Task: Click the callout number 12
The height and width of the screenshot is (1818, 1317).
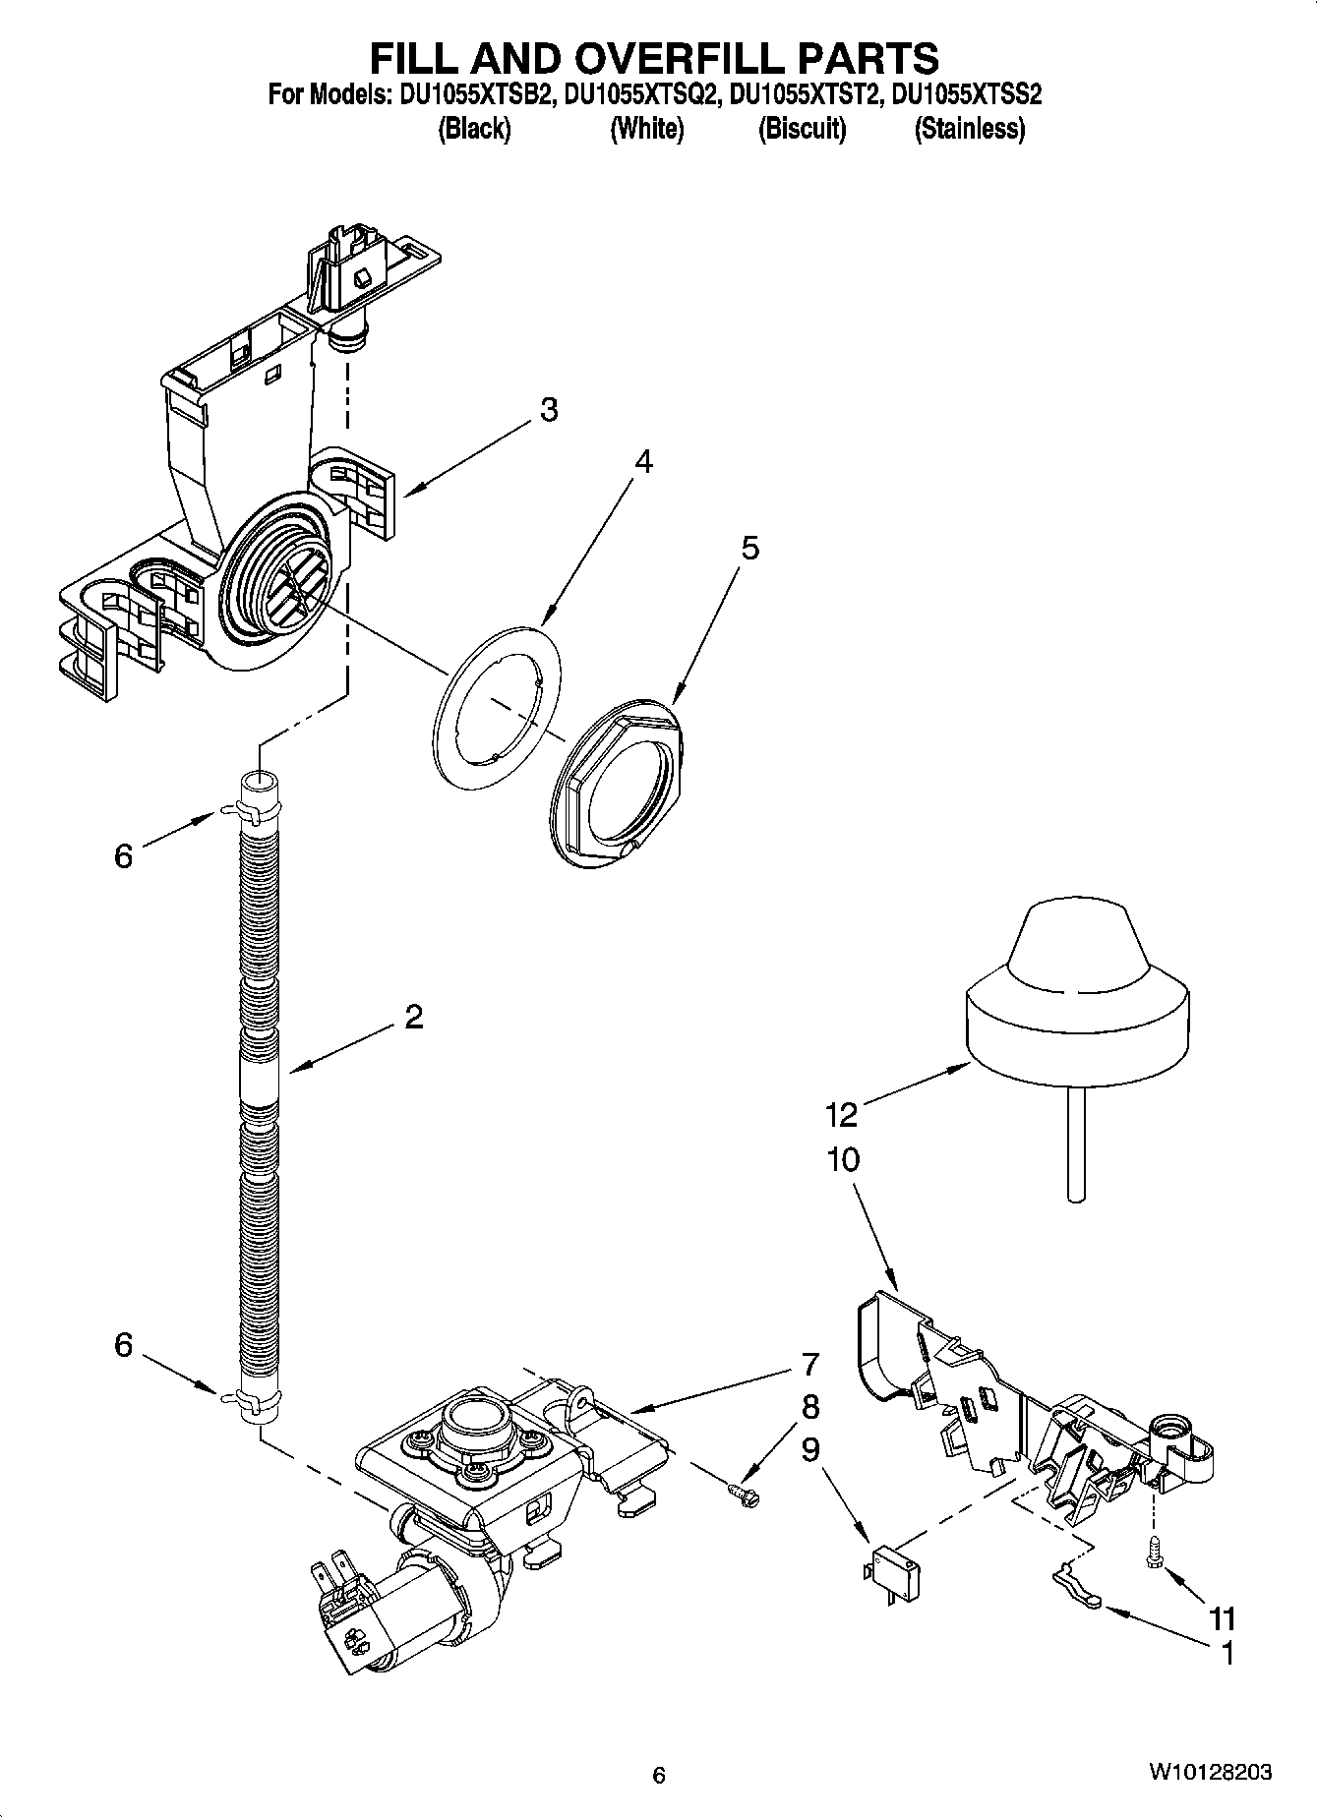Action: point(842,1114)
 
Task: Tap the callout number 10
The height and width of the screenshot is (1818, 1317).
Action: point(843,1160)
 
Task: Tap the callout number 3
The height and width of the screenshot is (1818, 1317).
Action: point(549,410)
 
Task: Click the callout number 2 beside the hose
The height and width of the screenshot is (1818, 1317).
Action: point(414,1017)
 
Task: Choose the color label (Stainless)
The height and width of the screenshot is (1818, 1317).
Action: point(969,129)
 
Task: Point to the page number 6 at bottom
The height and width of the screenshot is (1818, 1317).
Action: point(659,1775)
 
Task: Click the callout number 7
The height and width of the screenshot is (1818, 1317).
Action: point(809,1365)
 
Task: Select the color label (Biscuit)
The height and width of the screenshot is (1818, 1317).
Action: point(802,129)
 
